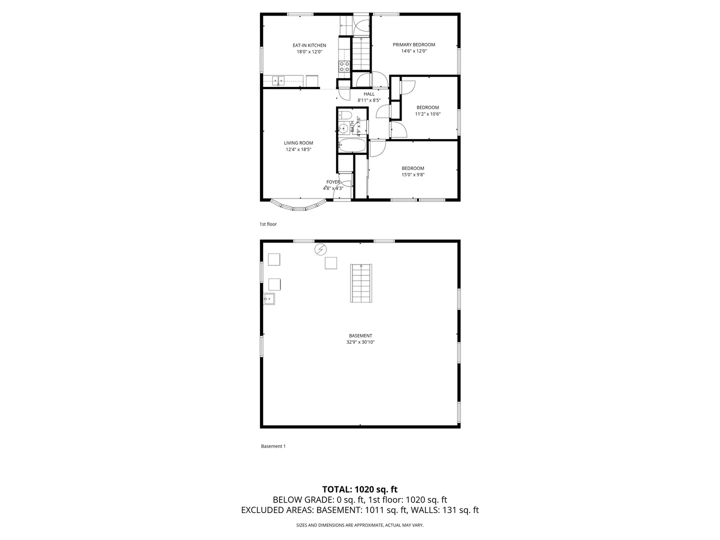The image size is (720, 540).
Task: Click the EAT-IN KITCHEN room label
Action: (309, 45)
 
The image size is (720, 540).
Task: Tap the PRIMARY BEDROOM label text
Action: (413, 44)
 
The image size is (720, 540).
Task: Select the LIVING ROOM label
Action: (298, 143)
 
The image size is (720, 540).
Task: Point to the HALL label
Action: (368, 94)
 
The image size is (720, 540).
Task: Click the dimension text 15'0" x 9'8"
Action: (413, 175)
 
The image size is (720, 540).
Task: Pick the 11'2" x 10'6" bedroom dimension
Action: (427, 114)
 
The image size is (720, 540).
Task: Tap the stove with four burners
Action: (344, 66)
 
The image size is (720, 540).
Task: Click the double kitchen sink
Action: (278, 80)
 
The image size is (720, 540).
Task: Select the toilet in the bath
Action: (344, 115)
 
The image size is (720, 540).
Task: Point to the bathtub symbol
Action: (351, 145)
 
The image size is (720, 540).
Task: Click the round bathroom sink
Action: (343, 128)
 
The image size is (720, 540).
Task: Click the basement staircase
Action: (361, 283)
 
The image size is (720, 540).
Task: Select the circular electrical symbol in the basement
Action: (320, 249)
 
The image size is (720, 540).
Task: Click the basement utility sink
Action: (269, 298)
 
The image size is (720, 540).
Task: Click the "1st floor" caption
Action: (268, 224)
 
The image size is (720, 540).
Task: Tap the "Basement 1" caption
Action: (273, 446)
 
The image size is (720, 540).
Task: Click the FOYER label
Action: (333, 182)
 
